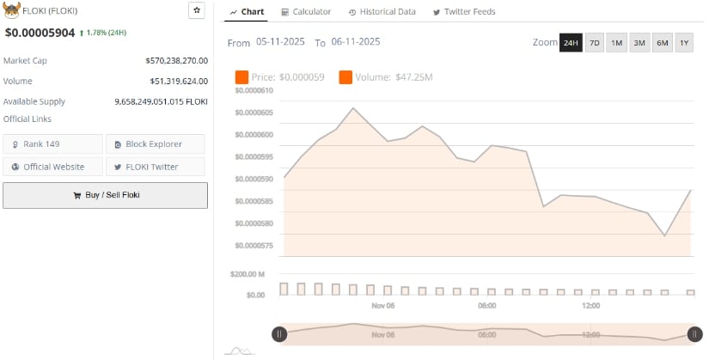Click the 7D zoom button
click(594, 43)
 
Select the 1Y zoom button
click(684, 43)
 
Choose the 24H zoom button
click(571, 43)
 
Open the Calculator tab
click(306, 12)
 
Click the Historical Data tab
click(382, 12)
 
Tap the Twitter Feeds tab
click(464, 12)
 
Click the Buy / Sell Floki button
click(105, 195)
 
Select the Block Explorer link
click(155, 143)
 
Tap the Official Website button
click(52, 167)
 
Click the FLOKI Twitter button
click(155, 167)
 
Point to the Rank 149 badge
click(52, 143)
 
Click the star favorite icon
click(197, 10)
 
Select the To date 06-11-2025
click(356, 42)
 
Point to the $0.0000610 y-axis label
click(254, 90)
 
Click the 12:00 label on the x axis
click(590, 306)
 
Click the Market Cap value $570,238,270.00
click(177, 61)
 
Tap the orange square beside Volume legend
click(345, 78)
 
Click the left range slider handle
click(279, 334)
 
